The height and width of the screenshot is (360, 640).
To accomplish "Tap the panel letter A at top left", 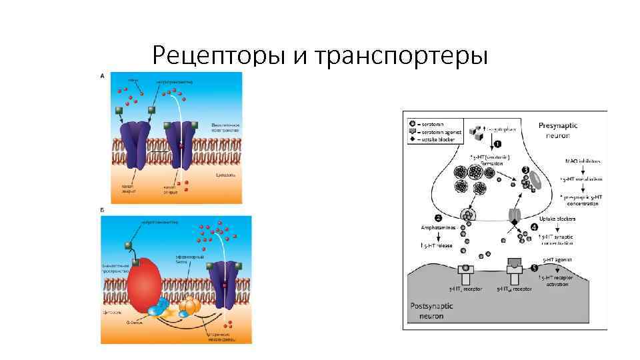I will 102,76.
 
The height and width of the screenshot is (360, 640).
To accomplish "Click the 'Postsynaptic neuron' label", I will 431,310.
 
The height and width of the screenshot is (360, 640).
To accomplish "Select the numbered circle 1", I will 498,144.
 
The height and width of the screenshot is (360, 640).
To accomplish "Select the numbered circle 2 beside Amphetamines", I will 439,218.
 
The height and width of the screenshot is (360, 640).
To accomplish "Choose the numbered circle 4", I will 535,228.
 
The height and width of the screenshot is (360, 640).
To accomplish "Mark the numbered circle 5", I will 535,268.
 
